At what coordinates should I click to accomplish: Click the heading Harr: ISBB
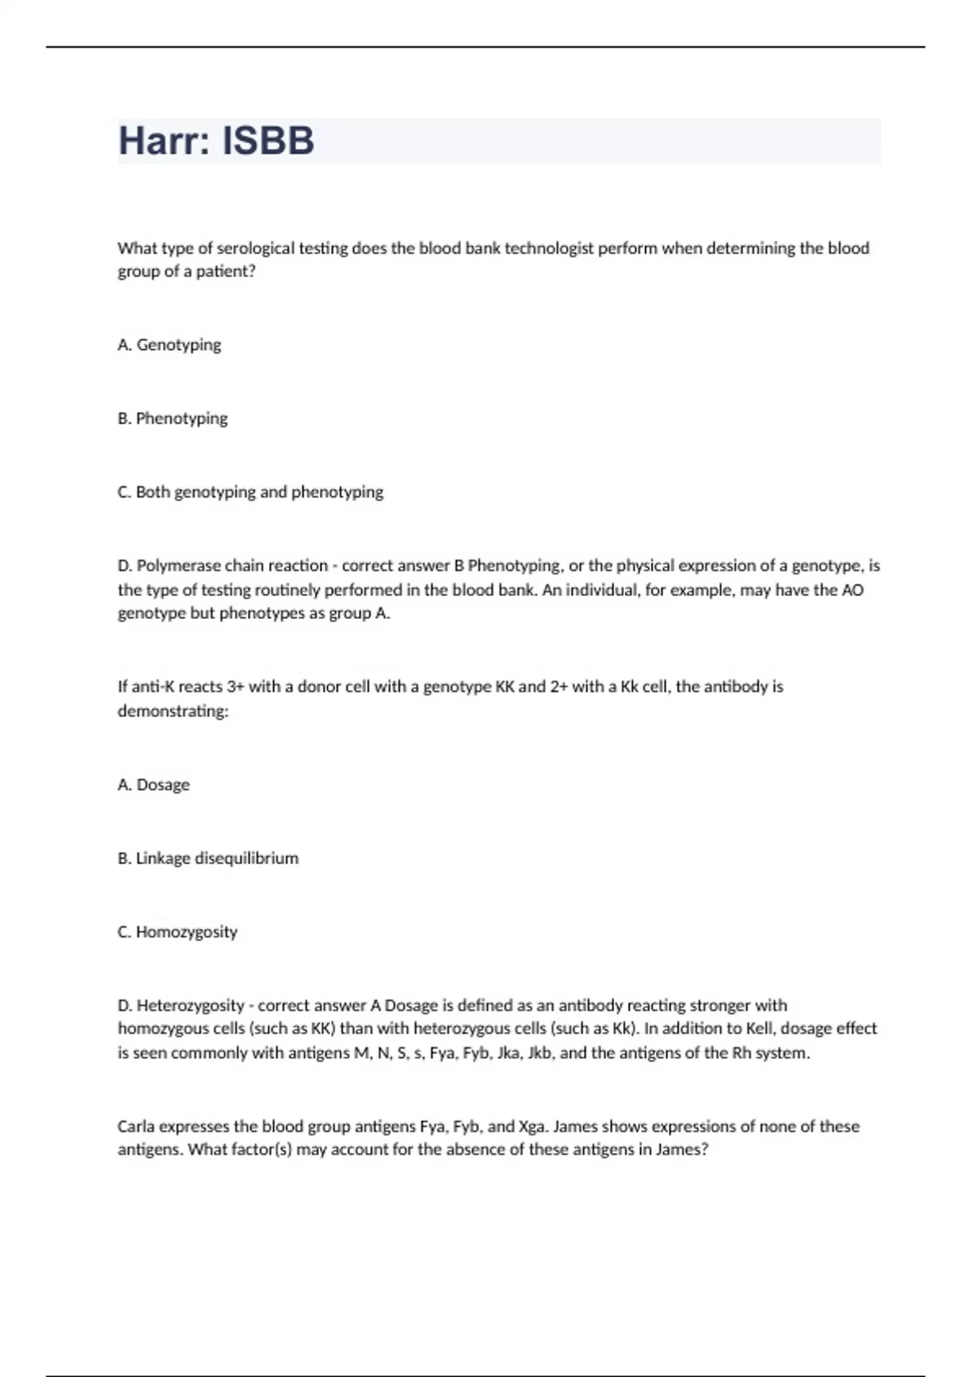click(x=216, y=141)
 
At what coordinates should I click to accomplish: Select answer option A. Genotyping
click(x=169, y=345)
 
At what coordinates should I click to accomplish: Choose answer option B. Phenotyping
click(x=173, y=419)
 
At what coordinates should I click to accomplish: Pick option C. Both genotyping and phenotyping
click(x=250, y=492)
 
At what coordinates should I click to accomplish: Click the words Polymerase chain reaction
click(x=232, y=565)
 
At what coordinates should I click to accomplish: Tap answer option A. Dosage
click(x=154, y=785)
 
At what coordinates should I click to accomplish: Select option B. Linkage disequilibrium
click(x=208, y=859)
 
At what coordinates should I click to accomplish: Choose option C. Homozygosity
click(x=177, y=932)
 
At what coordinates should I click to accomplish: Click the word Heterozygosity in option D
click(x=190, y=1006)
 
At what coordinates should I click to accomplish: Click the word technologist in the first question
click(x=549, y=249)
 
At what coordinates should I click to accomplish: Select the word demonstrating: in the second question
click(x=173, y=711)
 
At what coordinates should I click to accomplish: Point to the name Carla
click(x=136, y=1127)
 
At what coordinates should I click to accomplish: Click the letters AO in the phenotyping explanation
click(x=852, y=590)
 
